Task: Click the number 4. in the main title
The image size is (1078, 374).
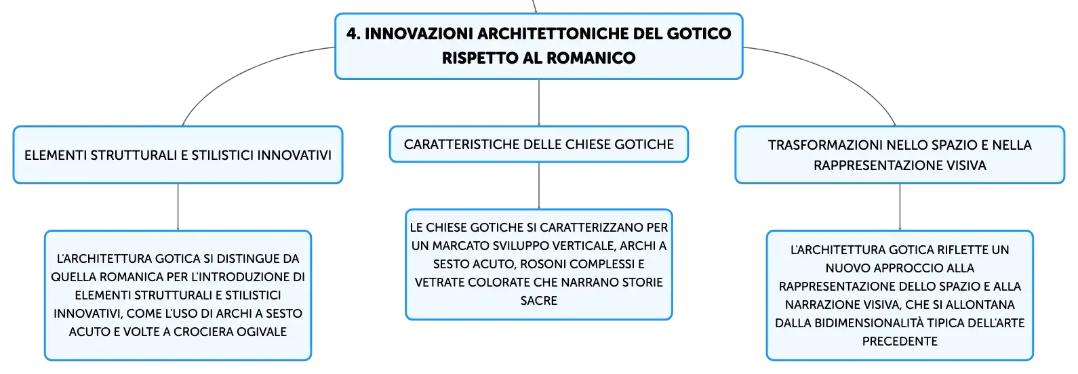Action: pos(353,34)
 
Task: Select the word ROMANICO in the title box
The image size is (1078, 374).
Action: pos(591,58)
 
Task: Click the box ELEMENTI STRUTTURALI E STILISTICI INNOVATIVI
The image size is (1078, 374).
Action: pos(178,154)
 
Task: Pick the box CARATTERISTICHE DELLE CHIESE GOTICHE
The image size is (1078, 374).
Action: pos(539,144)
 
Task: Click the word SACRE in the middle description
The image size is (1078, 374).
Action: pos(539,300)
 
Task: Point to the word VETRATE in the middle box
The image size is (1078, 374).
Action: pos(439,282)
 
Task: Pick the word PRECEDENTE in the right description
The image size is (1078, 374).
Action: pos(900,341)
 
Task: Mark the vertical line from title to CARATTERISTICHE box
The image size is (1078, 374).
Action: pos(539,103)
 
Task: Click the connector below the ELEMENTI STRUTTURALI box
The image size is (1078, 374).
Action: pos(178,207)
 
